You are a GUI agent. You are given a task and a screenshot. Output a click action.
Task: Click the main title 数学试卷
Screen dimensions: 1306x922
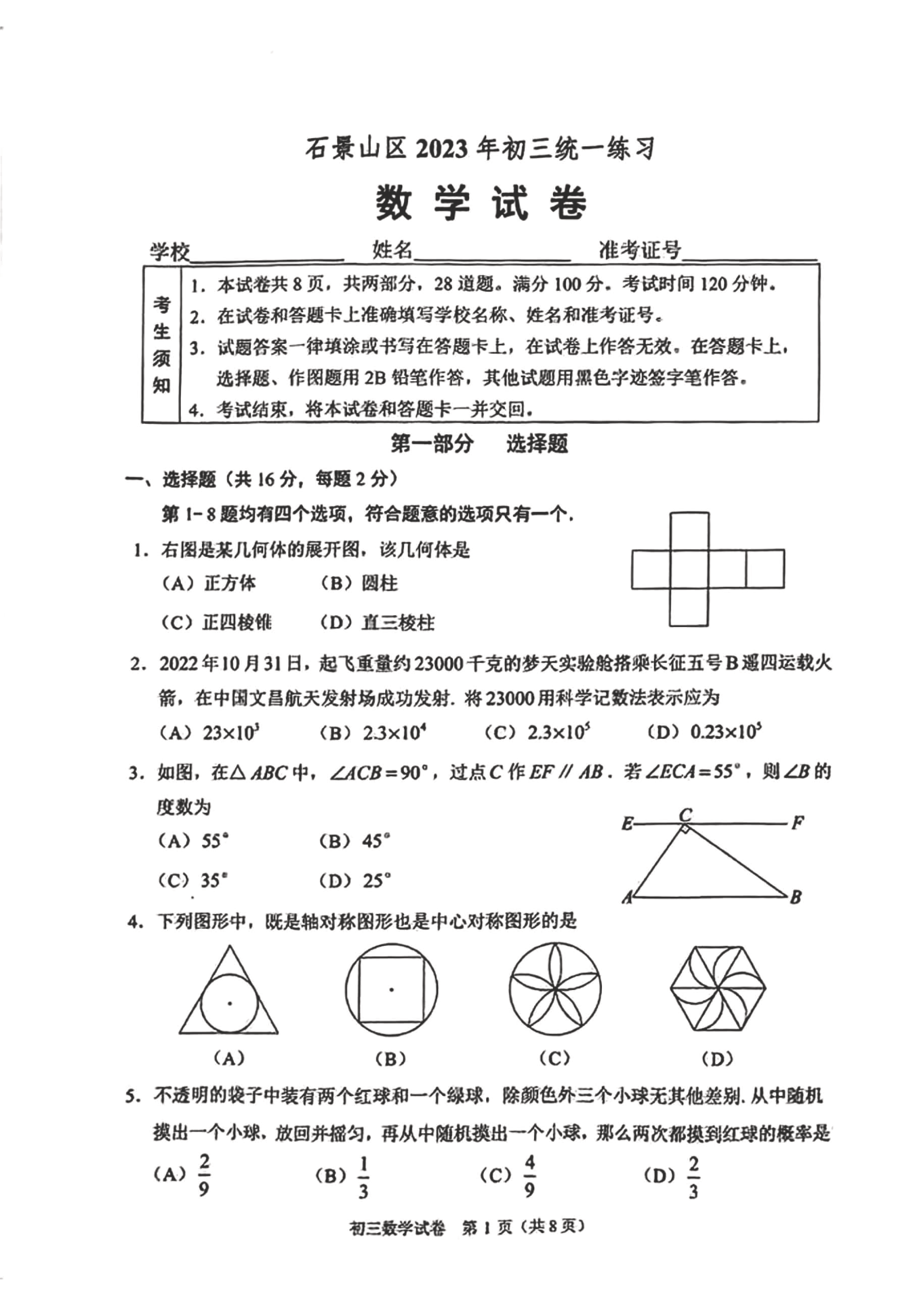coord(481,203)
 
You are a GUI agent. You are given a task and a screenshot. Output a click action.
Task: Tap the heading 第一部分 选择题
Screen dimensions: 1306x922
coord(479,444)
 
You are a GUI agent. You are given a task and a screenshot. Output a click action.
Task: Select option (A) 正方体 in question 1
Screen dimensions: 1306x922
coord(209,584)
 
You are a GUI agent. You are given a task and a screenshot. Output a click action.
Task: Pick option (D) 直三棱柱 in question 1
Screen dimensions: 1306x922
coord(377,623)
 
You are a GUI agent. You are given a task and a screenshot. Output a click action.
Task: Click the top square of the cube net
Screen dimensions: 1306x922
coord(689,531)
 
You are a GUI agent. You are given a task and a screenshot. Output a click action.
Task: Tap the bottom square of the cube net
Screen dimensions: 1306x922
coord(689,607)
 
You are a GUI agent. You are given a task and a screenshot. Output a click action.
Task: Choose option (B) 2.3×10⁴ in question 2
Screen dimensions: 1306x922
coord(373,732)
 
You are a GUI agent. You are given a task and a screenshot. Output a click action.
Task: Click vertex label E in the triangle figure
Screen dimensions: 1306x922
coord(627,824)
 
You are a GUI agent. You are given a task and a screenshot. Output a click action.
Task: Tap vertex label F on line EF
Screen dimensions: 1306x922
coord(797,823)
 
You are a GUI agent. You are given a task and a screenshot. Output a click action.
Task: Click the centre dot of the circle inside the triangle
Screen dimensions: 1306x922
coord(230,1003)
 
